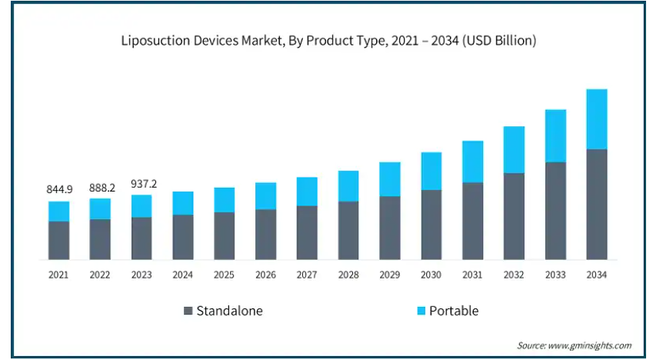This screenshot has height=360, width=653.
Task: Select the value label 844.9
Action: [58, 189]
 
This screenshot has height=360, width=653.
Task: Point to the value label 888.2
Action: [100, 187]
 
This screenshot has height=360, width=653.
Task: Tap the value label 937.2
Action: [142, 183]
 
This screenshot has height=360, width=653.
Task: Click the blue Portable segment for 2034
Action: [596, 119]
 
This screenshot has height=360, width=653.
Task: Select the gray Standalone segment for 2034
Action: [596, 204]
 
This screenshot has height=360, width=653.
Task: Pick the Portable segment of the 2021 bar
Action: [58, 212]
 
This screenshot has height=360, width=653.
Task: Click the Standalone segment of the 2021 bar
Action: [58, 240]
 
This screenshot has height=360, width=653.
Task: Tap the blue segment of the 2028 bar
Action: [348, 186]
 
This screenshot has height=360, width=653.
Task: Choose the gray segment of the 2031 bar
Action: [472, 221]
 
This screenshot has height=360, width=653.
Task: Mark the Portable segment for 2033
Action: [555, 135]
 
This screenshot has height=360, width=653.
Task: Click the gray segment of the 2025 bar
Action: [224, 235]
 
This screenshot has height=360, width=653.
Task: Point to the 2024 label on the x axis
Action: [182, 274]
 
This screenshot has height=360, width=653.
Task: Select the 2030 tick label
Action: [431, 274]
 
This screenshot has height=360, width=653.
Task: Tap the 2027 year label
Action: [307, 274]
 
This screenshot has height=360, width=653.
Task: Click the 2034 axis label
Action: [596, 274]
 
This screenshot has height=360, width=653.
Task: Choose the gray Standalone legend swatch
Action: [188, 312]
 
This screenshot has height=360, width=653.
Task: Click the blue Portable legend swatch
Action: [420, 312]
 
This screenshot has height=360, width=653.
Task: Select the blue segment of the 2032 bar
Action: [514, 150]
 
